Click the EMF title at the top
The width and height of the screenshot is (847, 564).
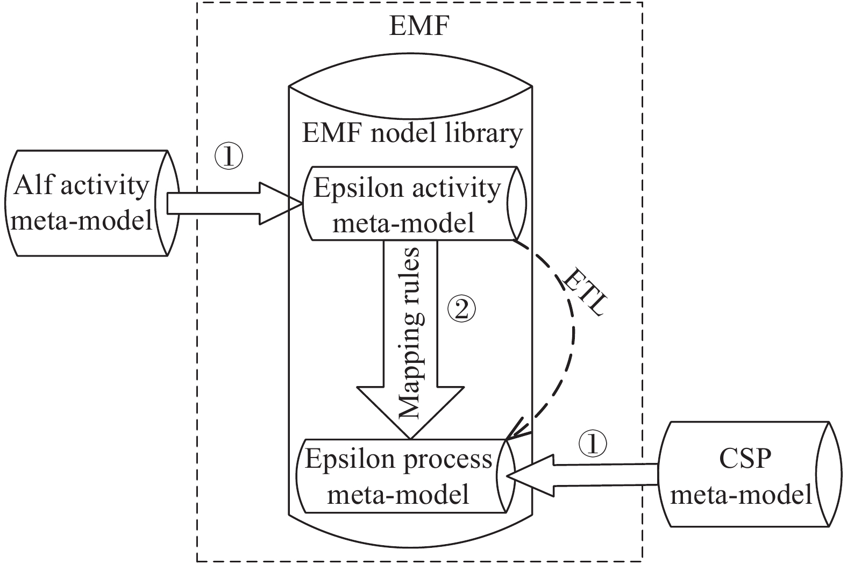(418, 26)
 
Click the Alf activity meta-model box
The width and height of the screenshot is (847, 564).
(86, 203)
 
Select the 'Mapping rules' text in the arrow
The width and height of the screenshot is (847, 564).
(410, 333)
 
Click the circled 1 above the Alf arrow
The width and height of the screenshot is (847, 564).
(229, 156)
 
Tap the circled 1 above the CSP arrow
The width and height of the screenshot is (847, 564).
(593, 444)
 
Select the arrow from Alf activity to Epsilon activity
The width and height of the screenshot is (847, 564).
(234, 203)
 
